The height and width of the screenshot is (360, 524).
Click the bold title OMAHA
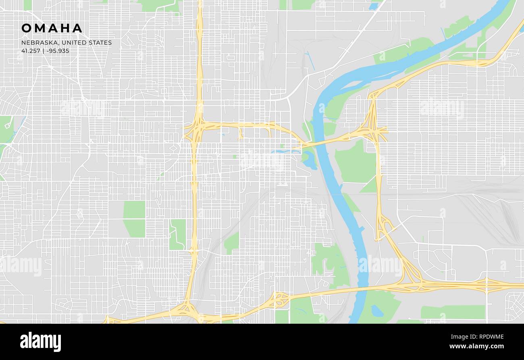(52, 28)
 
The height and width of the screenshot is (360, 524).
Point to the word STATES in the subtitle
(102, 43)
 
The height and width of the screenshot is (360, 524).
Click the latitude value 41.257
(30, 51)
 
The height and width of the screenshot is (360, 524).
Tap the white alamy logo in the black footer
(40, 341)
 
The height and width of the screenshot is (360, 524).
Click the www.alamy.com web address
(476, 346)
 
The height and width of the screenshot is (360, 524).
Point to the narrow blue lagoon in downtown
(286, 152)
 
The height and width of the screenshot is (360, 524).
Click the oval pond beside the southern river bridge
(377, 310)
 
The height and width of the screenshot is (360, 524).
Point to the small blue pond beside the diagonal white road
(373, 6)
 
